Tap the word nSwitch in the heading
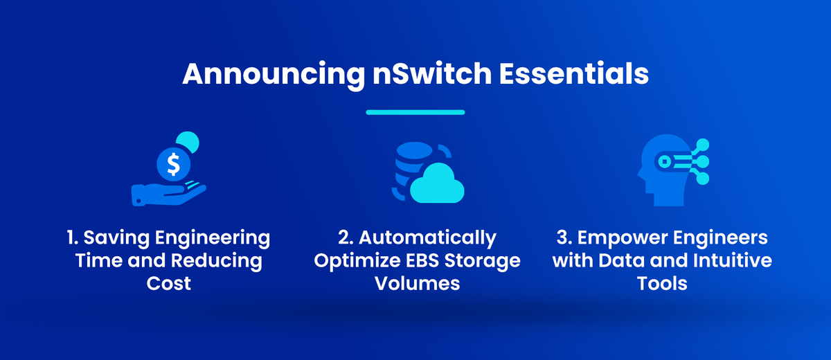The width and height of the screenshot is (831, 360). [x=432, y=74]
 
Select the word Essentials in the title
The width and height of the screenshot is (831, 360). [x=574, y=73]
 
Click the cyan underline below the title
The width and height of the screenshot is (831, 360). [x=415, y=112]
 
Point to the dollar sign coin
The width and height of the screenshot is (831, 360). [x=173, y=164]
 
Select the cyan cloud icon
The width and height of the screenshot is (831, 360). [x=437, y=183]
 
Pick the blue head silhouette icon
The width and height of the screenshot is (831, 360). [x=664, y=170]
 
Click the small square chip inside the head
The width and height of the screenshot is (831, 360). [x=664, y=161]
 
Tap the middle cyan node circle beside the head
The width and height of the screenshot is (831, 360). [x=702, y=161]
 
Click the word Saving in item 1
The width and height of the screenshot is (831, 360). [x=116, y=238]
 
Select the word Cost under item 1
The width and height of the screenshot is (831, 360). [x=168, y=284]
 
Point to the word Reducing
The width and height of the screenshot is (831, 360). [x=217, y=261]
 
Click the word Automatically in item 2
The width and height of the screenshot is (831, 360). [x=427, y=238]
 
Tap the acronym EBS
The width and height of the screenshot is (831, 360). [x=422, y=260]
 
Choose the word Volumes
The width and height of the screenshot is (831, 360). [x=418, y=284]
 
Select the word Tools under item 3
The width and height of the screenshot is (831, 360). [x=662, y=284]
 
